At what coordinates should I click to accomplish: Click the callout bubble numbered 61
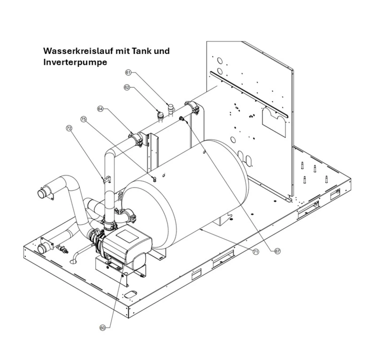pos(127,72)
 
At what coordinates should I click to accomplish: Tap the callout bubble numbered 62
pos(127,87)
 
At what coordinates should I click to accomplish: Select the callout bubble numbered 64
pos(100,108)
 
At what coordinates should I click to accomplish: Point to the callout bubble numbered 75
pos(84,120)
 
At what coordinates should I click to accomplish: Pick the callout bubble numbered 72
pos(70,128)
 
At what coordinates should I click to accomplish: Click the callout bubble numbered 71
pos(256,252)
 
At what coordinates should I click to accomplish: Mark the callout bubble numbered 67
pos(277,251)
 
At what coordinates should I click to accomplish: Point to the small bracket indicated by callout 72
pos(106,179)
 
